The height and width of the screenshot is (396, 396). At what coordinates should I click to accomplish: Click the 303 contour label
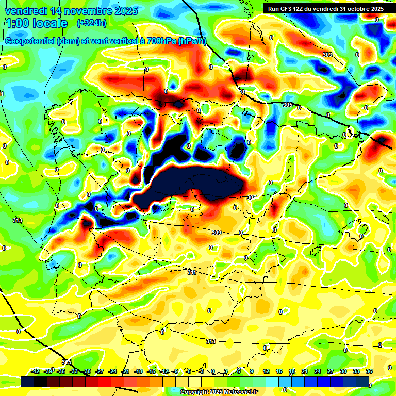click(x=327, y=55)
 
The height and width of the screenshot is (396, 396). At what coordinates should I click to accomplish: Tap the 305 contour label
click(x=288, y=105)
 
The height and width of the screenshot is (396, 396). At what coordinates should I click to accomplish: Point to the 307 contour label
click(x=252, y=197)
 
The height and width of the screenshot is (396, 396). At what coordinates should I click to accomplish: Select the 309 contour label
click(x=217, y=233)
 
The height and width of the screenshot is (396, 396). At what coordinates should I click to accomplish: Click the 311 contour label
click(x=192, y=272)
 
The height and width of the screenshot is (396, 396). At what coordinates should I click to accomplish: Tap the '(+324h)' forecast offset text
click(x=92, y=23)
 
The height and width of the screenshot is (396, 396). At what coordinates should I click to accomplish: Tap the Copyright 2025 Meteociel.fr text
click(x=219, y=392)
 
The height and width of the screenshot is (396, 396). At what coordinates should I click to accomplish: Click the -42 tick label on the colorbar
click(x=36, y=371)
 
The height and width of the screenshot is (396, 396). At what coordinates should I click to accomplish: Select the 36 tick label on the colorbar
click(x=369, y=371)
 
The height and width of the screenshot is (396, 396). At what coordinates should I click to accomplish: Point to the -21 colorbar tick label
click(x=125, y=371)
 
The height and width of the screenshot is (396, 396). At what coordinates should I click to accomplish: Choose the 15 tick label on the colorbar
click(x=279, y=371)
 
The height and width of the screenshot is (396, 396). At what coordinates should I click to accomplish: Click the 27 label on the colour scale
click(x=331, y=371)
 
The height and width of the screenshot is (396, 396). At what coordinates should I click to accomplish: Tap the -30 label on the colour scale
click(x=87, y=371)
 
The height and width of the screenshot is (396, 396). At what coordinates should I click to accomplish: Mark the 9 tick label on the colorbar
click(x=252, y=371)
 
